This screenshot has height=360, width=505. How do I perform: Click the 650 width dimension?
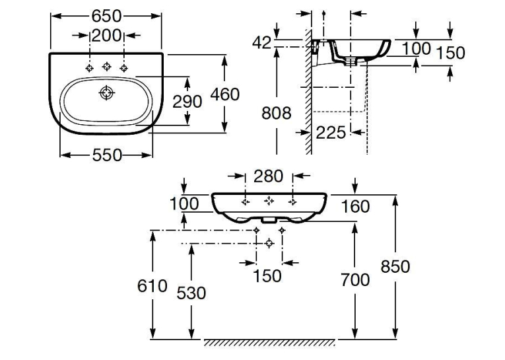[106, 16]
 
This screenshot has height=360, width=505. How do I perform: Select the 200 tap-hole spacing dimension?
[106, 36]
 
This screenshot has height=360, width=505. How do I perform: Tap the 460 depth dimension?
[225, 94]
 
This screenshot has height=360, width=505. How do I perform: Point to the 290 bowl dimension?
[187, 102]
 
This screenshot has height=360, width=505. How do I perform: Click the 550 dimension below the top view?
[107, 155]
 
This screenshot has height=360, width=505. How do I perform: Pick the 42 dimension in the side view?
[262, 42]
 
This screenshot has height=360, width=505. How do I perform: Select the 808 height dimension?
[277, 113]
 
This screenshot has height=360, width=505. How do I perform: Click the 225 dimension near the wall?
[331, 133]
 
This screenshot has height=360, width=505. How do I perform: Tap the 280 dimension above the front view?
[268, 176]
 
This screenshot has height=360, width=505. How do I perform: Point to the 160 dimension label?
[355, 206]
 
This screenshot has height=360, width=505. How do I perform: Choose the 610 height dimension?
[152, 285]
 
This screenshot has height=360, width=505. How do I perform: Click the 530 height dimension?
[191, 293]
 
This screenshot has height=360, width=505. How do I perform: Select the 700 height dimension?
[355, 279]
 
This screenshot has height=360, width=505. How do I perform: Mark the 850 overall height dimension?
[395, 267]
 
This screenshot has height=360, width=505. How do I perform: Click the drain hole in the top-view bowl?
[106, 93]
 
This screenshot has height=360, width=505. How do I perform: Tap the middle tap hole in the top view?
[106, 67]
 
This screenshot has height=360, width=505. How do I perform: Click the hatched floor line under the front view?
[269, 343]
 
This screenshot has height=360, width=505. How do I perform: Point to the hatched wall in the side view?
[308, 91]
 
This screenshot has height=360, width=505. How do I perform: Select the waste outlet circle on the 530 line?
[269, 243]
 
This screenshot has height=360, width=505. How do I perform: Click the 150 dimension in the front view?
[267, 276]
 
